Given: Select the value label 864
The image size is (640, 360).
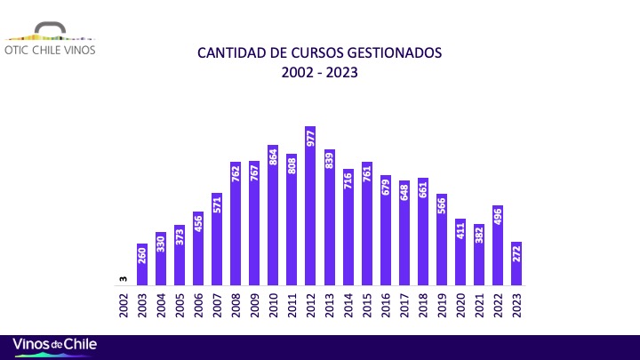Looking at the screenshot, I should [273, 159].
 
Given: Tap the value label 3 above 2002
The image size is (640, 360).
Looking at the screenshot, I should [124, 279].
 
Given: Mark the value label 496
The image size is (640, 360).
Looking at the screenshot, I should [497, 219].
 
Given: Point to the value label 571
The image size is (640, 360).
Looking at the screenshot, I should [217, 206].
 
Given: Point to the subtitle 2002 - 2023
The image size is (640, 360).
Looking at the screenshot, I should [319, 73].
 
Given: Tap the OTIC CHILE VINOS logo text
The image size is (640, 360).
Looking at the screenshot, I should [50, 50].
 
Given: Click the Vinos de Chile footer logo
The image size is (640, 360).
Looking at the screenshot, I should [54, 345].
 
